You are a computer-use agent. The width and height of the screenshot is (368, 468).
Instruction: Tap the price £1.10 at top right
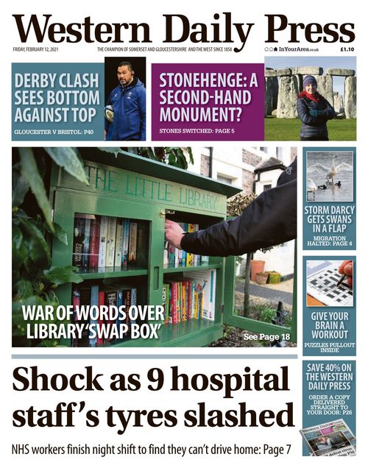tap(347, 49)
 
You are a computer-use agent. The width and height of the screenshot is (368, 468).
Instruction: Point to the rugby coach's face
tap(124, 74)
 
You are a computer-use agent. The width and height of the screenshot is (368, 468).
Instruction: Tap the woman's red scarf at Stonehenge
tap(309, 95)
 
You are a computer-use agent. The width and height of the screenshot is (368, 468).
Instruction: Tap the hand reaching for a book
tap(173, 235)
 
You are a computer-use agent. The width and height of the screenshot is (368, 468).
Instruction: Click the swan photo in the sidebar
tap(328, 176)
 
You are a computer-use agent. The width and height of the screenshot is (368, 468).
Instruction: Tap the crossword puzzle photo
tap(328, 283)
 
